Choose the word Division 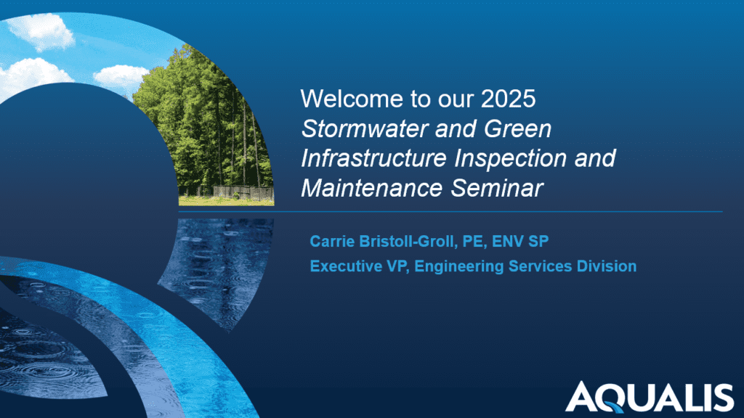[x=607, y=266]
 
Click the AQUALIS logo [x=650, y=397]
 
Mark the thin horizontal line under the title [x=509, y=212]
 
